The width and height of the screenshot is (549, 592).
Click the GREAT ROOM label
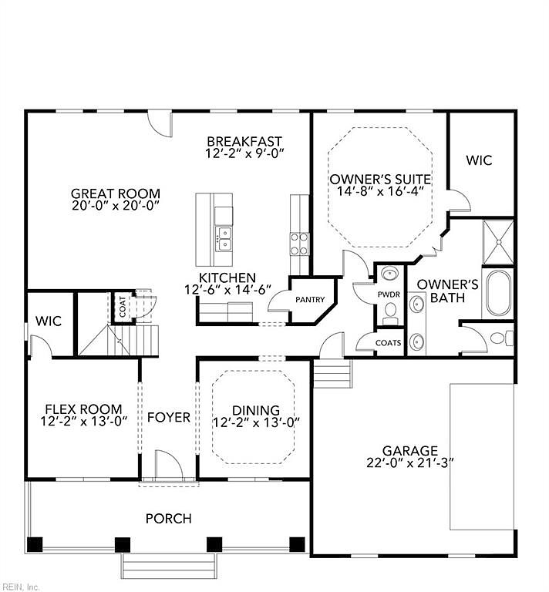click(116, 193)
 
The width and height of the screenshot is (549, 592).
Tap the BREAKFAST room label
click(244, 141)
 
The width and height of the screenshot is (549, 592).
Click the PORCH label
click(168, 518)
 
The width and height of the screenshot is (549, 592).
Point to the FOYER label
click(168, 417)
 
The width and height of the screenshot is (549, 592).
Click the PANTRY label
click(309, 301)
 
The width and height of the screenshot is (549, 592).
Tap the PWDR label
click(387, 294)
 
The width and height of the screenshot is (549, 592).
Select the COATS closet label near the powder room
click(388, 343)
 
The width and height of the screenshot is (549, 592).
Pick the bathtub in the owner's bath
click(497, 293)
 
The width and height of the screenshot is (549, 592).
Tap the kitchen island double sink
click(224, 239)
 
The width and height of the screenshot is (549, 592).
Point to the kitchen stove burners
click(298, 244)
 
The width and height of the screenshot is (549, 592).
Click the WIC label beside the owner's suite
click(479, 161)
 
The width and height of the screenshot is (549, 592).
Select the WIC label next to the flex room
click(49, 320)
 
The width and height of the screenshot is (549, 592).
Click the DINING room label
click(254, 411)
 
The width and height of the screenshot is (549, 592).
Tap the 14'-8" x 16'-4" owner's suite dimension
click(379, 192)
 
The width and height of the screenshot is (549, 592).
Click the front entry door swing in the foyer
click(168, 465)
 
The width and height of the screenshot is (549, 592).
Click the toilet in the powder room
click(390, 311)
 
